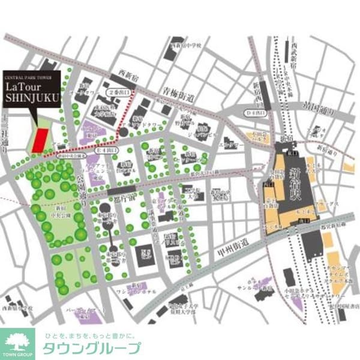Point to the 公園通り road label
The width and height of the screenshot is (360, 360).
(84, 188)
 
